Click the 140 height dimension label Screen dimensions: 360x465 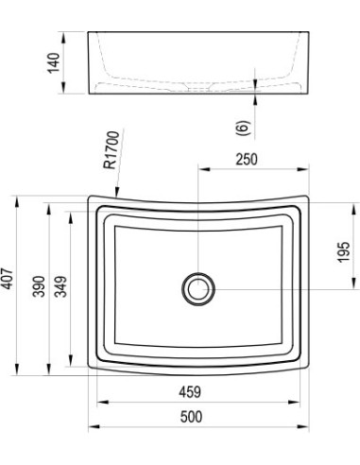click(x=54, y=63)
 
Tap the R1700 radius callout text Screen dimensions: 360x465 click(x=111, y=150)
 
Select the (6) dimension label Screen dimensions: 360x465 click(x=243, y=128)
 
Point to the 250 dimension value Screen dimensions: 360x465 click(x=247, y=159)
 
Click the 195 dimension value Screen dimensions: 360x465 click(x=344, y=251)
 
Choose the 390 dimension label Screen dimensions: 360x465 click(x=40, y=286)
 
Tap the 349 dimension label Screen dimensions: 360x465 click(x=60, y=286)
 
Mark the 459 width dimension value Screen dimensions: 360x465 click(x=190, y=392)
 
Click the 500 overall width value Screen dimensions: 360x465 click(x=191, y=417)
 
